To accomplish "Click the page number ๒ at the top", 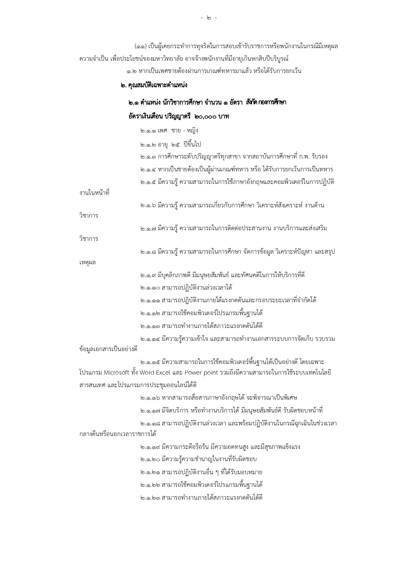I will tap(209, 18).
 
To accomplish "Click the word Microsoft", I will tap(116, 373).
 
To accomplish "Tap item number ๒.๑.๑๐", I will tap(150, 287).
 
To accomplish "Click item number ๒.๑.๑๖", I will tap(150, 398).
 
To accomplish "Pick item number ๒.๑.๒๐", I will tap(150, 459).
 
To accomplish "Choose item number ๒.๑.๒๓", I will tap(150, 498).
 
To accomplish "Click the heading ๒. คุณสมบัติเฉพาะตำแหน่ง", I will tap(154, 86).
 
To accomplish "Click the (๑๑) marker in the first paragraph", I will tap(141, 46).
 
